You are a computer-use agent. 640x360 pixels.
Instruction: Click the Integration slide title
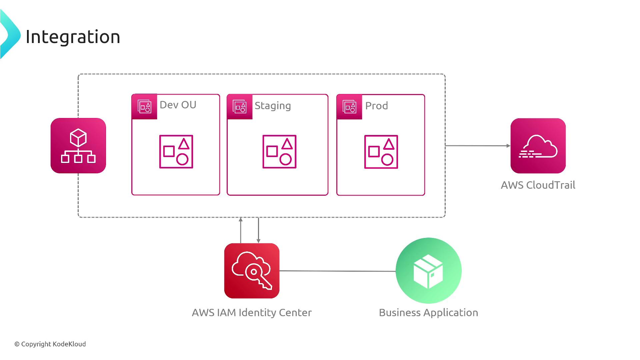(x=73, y=37)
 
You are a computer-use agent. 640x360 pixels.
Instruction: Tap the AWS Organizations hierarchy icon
(x=78, y=146)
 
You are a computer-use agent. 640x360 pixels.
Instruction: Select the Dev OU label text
(x=178, y=105)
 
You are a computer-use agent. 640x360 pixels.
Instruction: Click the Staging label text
(x=273, y=106)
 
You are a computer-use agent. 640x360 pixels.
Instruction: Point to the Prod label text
(x=376, y=106)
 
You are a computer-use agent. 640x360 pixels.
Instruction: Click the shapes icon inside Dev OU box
(x=176, y=152)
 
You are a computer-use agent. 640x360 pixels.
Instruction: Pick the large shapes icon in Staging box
(x=279, y=152)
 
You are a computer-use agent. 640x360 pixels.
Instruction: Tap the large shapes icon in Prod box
(x=381, y=152)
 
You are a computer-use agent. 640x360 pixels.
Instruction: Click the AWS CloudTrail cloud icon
(x=538, y=146)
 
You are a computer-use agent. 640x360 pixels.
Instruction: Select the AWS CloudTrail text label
(x=538, y=185)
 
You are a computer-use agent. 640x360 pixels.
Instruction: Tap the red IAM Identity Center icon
(x=252, y=271)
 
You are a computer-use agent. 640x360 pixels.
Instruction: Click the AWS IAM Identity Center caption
(x=252, y=313)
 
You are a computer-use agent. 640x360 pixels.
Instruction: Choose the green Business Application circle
(x=428, y=271)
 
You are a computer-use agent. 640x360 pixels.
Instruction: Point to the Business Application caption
(x=428, y=313)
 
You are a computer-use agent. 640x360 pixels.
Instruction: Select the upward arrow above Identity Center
(x=241, y=230)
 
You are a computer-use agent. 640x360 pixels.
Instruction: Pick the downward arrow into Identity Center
(x=258, y=230)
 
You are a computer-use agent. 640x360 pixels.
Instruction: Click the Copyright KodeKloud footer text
(x=50, y=344)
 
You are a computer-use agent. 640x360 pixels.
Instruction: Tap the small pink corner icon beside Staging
(x=240, y=107)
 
